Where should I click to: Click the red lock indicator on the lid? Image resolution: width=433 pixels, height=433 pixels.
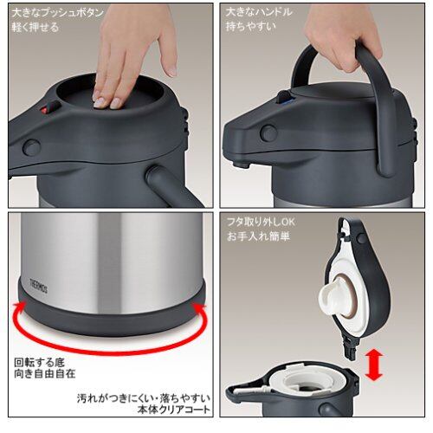(x=44, y=110)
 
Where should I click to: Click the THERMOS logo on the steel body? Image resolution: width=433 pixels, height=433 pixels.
(x=39, y=286)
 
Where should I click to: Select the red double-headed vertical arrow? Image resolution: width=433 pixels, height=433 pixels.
(x=373, y=366)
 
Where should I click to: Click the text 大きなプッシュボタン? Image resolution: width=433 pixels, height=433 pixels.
(x=57, y=13)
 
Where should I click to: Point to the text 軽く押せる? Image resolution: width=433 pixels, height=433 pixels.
(x=36, y=27)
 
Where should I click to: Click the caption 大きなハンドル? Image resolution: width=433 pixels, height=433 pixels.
(x=259, y=12)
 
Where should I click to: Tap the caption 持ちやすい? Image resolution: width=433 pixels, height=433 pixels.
(x=250, y=26)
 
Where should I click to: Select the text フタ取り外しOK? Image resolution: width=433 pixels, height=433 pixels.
(x=261, y=222)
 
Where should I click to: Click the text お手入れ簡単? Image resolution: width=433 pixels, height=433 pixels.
(x=258, y=236)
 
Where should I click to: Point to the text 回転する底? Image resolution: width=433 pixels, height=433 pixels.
(x=40, y=363)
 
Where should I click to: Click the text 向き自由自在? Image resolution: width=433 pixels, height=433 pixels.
(x=45, y=374)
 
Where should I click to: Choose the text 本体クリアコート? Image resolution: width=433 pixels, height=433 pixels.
(x=174, y=410)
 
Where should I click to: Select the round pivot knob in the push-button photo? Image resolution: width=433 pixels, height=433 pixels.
(x=32, y=147)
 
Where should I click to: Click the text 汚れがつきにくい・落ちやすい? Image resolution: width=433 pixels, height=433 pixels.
(x=144, y=398)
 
